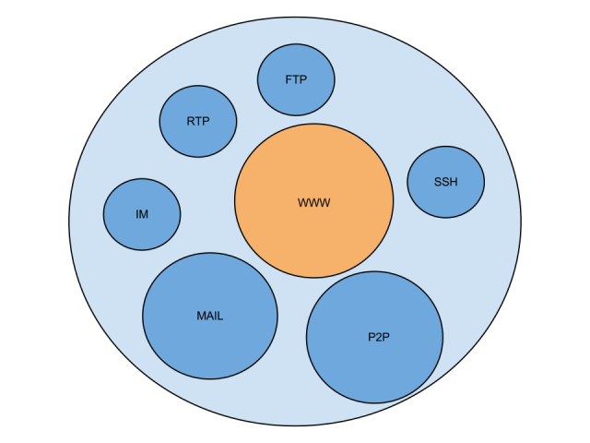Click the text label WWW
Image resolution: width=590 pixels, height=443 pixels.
pyautogui.click(x=313, y=202)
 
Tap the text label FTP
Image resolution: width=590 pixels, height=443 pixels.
pyautogui.click(x=296, y=79)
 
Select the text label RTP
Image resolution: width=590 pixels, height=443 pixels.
pyautogui.click(x=198, y=121)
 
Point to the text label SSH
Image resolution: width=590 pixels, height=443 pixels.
pyautogui.click(x=445, y=182)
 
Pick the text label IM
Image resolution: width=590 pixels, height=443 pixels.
pyautogui.click(x=142, y=214)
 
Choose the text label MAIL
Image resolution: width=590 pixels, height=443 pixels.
pyautogui.click(x=210, y=316)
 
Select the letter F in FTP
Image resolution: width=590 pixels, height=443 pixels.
pyautogui.click(x=289, y=79)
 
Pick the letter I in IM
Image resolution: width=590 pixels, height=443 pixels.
pyautogui.click(x=137, y=214)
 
